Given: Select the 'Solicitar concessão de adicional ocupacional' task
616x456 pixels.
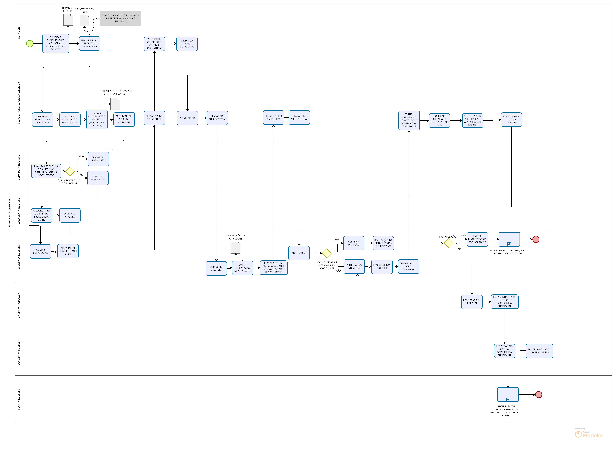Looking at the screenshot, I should point(56,43).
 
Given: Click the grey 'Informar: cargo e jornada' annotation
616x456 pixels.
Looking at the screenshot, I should point(121,19).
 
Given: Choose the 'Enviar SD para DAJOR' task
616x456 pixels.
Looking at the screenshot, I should point(98,178).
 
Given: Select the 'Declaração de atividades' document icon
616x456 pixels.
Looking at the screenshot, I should point(236,248).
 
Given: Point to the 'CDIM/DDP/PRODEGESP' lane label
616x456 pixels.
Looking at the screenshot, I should point(19,167).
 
